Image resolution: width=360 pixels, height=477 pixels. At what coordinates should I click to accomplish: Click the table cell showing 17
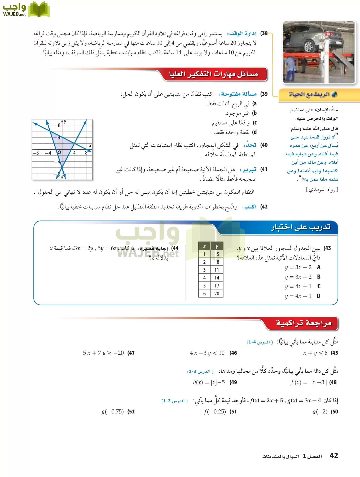(x=217, y=286)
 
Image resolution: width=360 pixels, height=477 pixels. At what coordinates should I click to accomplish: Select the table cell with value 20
(x=217, y=294)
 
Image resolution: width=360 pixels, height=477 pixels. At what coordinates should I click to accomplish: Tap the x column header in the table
(x=204, y=246)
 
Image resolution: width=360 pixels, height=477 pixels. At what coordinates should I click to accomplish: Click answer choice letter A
(x=319, y=267)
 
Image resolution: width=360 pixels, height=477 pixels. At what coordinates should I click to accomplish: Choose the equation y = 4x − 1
(x=298, y=296)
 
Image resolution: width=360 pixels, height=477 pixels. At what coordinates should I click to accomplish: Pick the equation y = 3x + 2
(x=298, y=277)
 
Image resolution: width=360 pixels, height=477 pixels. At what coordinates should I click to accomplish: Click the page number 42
(x=334, y=456)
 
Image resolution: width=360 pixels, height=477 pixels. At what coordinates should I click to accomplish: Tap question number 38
(x=264, y=34)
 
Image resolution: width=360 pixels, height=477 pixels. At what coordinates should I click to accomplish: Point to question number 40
(x=264, y=145)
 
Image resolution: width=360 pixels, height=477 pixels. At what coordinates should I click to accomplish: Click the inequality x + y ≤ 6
(x=315, y=353)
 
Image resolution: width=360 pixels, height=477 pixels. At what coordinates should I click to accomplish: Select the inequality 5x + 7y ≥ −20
(x=103, y=353)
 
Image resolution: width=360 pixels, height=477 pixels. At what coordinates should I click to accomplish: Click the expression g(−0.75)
(x=113, y=412)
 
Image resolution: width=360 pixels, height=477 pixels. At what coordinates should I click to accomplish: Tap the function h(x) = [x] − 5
(x=209, y=382)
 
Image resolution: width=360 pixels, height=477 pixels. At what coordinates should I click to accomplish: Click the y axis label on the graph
(x=65, y=121)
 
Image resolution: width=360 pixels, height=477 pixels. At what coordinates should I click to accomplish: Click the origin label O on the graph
(x=59, y=152)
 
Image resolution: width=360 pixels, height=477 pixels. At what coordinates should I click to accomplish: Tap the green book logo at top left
(x=39, y=10)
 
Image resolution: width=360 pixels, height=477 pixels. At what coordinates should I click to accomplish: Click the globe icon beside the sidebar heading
(x=334, y=94)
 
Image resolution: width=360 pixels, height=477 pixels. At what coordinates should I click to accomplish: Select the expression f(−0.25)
(x=215, y=412)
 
